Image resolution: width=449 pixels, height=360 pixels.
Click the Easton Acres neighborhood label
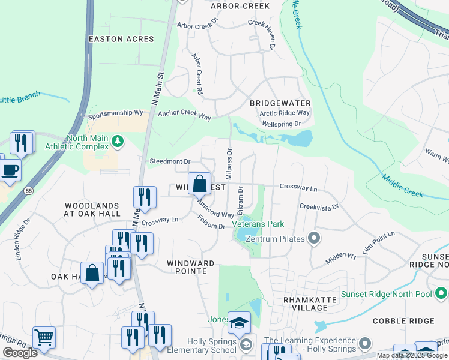pos(121,39)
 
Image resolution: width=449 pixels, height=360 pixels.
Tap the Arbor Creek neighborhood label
pos(240,6)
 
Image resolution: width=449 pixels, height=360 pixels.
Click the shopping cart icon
pos(44,337)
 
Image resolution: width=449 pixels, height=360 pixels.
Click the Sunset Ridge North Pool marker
pos(441,294)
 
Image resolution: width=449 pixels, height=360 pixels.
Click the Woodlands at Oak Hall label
pos(92,209)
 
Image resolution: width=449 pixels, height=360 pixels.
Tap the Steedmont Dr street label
pos(169,161)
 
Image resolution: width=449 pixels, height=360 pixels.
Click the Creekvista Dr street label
pos(319,206)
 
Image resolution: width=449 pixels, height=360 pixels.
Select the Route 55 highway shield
pos(29,190)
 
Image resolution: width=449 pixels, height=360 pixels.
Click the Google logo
pos(20,353)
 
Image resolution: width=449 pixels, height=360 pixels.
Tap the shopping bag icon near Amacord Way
pos(199,184)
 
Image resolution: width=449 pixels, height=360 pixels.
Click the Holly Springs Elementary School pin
pos(246,344)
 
